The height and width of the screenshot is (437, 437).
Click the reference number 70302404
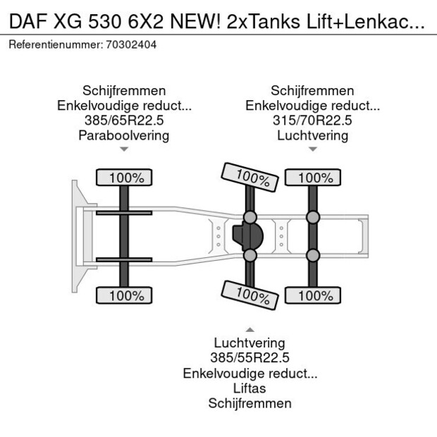click(x=130, y=44)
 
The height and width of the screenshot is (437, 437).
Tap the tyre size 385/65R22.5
click(x=124, y=121)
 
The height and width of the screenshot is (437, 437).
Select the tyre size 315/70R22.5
click(x=312, y=121)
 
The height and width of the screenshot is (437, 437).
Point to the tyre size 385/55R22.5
click(x=250, y=358)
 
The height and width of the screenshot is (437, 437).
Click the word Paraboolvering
click(x=124, y=135)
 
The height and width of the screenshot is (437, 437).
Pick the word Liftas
click(x=250, y=388)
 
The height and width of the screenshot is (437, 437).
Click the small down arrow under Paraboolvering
click(x=124, y=149)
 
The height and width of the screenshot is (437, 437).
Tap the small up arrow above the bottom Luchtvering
click(x=250, y=329)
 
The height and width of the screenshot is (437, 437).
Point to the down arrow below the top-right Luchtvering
click(x=312, y=149)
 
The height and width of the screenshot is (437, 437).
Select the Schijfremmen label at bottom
click(x=250, y=403)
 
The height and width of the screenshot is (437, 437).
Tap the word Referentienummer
click(x=54, y=44)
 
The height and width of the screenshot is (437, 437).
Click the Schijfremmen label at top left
click(x=124, y=91)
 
